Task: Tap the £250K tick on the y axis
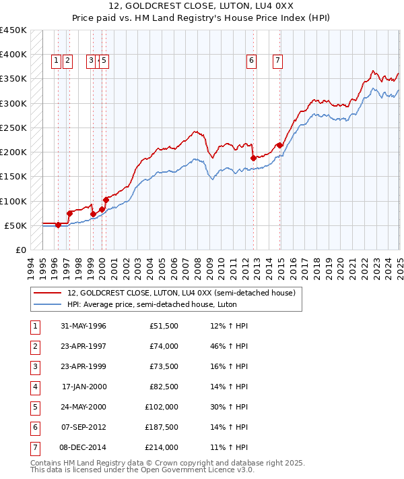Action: click(x=13, y=128)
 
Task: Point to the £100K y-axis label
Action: click(x=13, y=201)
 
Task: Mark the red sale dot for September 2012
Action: click(x=253, y=158)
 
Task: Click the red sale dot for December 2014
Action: click(x=279, y=145)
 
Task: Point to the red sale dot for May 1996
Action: click(x=58, y=225)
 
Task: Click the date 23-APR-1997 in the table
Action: click(x=83, y=347)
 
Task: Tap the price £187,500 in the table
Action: click(x=162, y=428)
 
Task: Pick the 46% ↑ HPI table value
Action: click(x=229, y=347)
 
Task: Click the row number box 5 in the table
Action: click(x=34, y=407)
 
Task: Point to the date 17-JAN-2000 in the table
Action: click(x=83, y=387)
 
